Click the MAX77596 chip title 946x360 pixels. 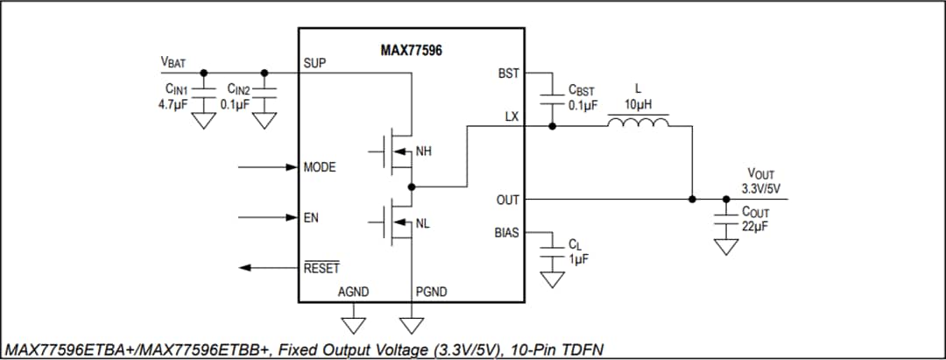tap(411, 51)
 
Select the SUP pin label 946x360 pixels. tap(314, 64)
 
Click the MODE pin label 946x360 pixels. tap(320, 166)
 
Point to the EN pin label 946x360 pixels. tap(310, 217)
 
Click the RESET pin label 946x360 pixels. tap(321, 268)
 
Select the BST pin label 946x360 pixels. tap(509, 74)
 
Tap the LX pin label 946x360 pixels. tap(512, 116)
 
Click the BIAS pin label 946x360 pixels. tap(506, 233)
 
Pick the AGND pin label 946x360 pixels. tap(353, 292)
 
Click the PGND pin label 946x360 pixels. tap(432, 292)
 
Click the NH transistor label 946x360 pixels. tap(423, 152)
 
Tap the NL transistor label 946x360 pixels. tap(423, 224)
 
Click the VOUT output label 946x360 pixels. tap(760, 175)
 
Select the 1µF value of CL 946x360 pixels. tap(578, 260)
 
